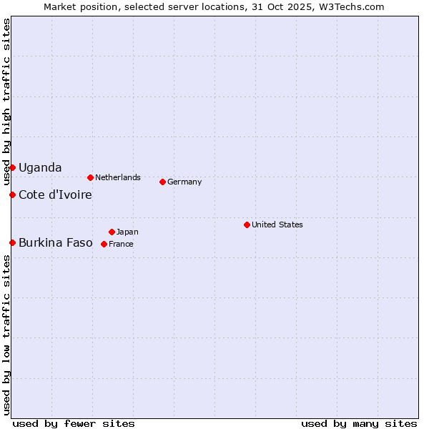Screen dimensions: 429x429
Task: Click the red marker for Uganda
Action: (x=12, y=167)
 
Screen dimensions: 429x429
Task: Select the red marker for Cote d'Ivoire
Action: (x=12, y=194)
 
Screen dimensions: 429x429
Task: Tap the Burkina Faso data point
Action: (x=12, y=242)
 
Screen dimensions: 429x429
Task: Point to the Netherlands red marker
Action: (x=90, y=177)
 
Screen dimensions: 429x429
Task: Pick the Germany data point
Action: (x=162, y=182)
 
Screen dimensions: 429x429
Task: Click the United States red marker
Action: (x=247, y=225)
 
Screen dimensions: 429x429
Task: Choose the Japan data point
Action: (x=112, y=232)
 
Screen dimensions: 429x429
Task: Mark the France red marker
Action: (x=104, y=244)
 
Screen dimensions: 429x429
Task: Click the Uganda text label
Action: (x=40, y=167)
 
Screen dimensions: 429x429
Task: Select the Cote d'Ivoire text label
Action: (x=55, y=194)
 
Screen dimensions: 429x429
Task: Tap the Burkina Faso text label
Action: (x=55, y=242)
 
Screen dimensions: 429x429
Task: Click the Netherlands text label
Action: (x=117, y=177)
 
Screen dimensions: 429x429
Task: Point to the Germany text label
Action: (x=184, y=182)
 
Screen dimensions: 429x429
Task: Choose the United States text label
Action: (x=277, y=225)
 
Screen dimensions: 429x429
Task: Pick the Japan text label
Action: (x=127, y=232)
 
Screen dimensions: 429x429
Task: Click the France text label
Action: (x=121, y=244)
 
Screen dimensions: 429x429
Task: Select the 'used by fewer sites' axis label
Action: (x=74, y=423)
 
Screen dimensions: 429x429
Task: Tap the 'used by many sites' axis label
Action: (x=359, y=423)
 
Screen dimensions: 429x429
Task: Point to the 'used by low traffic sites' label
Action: (x=6, y=335)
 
